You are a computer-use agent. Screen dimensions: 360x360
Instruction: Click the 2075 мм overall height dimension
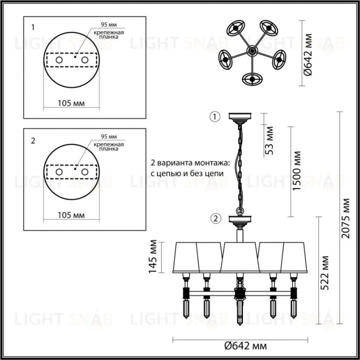pos(346,218)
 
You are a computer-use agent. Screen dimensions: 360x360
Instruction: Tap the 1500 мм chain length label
pos(296,171)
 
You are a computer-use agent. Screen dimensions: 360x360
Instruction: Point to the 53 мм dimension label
pos(269,141)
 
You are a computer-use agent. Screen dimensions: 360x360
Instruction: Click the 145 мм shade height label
pos(153,257)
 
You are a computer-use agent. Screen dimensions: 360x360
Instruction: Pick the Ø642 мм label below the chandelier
pos(245,346)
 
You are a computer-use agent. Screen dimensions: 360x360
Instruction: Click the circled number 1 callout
pos(215,117)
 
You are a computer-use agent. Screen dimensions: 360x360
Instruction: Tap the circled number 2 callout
pos(216,219)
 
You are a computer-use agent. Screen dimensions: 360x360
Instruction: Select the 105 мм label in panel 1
pos(71,103)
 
